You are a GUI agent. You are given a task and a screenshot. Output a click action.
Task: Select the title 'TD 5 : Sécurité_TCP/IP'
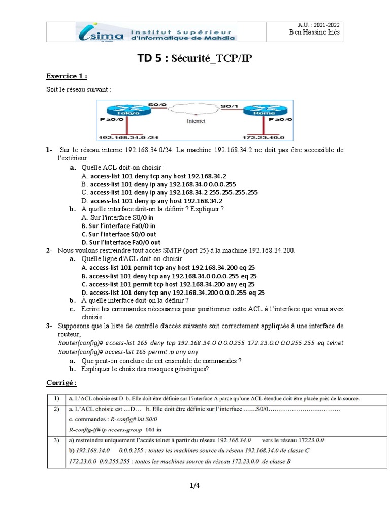coord(195,59)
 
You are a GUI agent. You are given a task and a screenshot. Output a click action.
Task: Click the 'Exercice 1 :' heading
coord(67,76)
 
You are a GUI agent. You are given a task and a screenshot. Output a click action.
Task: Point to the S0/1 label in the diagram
coord(228,106)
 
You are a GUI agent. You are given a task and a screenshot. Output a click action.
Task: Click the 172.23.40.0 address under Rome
coord(263,137)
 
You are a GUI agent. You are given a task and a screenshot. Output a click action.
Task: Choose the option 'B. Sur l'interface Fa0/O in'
coord(118,226)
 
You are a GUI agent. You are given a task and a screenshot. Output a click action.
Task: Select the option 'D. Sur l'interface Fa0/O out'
coord(121,242)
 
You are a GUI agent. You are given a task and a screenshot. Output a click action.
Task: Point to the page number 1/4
coord(194,485)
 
